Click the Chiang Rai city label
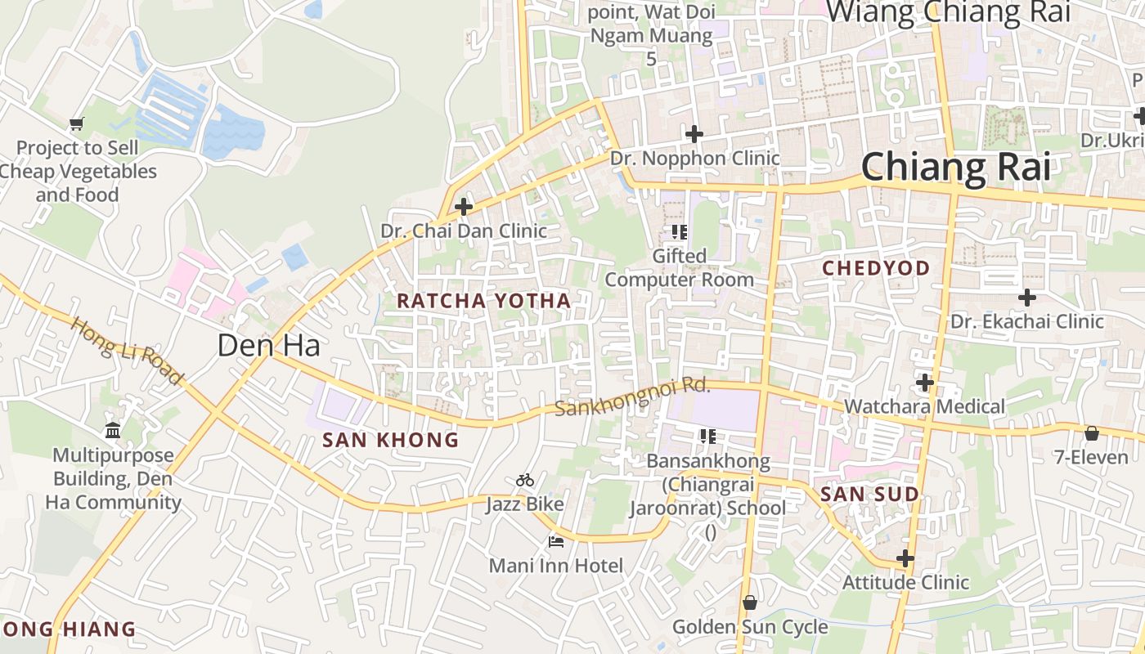[955, 167]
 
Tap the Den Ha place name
[268, 345]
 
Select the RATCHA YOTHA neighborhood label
[483, 301]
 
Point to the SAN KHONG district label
[390, 440]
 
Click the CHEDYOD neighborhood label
[876, 268]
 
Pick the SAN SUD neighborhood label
[869, 494]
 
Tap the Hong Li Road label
[126, 351]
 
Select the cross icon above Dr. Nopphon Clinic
[694, 134]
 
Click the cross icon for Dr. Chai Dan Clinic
[464, 207]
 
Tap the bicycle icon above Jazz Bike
[525, 480]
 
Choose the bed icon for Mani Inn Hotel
[556, 541]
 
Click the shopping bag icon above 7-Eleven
[1091, 432]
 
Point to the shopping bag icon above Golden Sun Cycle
[749, 602]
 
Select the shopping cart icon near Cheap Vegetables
[77, 124]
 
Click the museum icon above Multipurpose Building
[113, 430]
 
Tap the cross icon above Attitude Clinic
[905, 558]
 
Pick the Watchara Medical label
[924, 406]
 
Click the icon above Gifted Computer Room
[679, 232]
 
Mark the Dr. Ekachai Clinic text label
[1026, 321]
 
